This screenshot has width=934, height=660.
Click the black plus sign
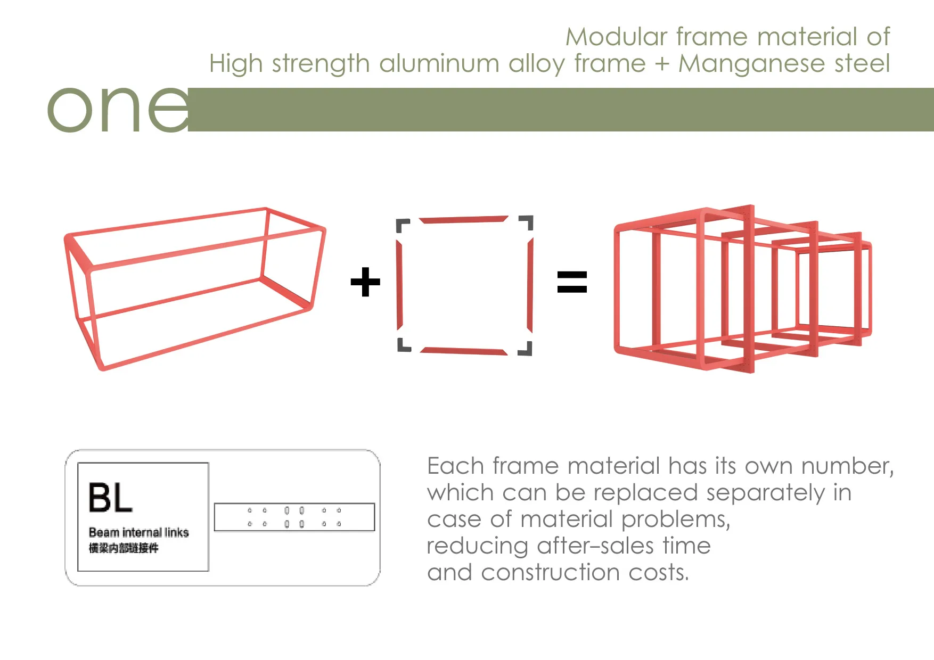pyautogui.click(x=365, y=282)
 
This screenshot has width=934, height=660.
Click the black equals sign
pyautogui.click(x=572, y=282)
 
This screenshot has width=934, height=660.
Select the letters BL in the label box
pyautogui.click(x=110, y=498)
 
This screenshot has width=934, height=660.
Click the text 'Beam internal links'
pyautogui.click(x=138, y=532)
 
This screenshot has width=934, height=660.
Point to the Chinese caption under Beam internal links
pyautogui.click(x=124, y=548)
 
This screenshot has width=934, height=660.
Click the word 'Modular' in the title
pyautogui.click(x=616, y=37)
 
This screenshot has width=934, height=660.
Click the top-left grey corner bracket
pyautogui.click(x=402, y=225)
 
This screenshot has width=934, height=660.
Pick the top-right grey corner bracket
pyautogui.click(x=527, y=222)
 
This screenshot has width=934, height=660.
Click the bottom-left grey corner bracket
pyautogui.click(x=404, y=345)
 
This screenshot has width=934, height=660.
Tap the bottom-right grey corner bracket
pyautogui.click(x=526, y=349)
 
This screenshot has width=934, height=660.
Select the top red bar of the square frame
pyautogui.click(x=464, y=219)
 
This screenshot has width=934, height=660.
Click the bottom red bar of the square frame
pyautogui.click(x=463, y=351)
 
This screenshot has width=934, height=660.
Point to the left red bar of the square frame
pyautogui.click(x=399, y=285)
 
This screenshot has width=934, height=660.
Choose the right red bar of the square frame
pyautogui.click(x=530, y=285)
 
